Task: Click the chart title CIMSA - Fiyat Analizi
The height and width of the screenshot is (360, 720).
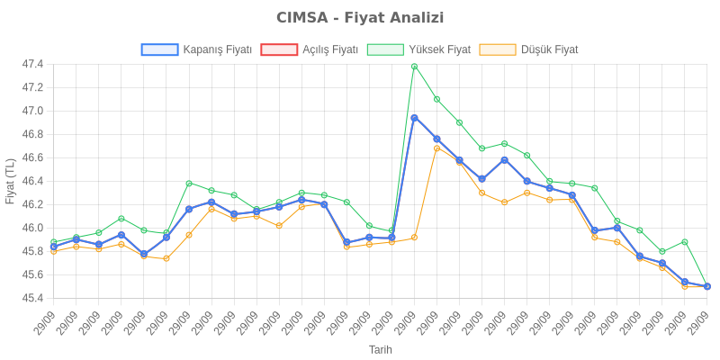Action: (x=360, y=18)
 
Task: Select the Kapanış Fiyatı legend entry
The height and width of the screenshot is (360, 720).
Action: (x=197, y=49)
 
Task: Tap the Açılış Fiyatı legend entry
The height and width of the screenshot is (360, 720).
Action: (x=310, y=49)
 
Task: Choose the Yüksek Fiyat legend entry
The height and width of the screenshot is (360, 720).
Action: (x=419, y=49)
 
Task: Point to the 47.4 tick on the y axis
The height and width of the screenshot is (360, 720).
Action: (x=32, y=65)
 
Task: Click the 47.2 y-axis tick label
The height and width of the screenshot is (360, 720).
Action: (x=32, y=88)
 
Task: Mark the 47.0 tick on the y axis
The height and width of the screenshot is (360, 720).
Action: (x=32, y=112)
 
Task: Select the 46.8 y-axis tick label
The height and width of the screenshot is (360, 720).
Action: (x=32, y=135)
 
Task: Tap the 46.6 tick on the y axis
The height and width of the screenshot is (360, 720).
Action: (x=32, y=158)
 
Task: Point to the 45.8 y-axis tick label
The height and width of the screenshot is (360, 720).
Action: (x=32, y=251)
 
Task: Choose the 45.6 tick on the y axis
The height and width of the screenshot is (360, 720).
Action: (x=32, y=274)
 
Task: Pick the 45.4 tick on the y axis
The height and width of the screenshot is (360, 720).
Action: (x=32, y=298)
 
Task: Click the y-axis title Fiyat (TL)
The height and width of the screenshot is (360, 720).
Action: (x=10, y=181)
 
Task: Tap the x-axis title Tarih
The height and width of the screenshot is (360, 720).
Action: (x=380, y=348)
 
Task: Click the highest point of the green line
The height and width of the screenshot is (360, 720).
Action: (x=414, y=66)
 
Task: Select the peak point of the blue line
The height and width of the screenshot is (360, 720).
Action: (x=414, y=117)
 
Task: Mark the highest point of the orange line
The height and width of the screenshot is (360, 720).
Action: (x=436, y=148)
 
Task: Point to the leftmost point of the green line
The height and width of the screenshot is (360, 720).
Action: (x=54, y=242)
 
